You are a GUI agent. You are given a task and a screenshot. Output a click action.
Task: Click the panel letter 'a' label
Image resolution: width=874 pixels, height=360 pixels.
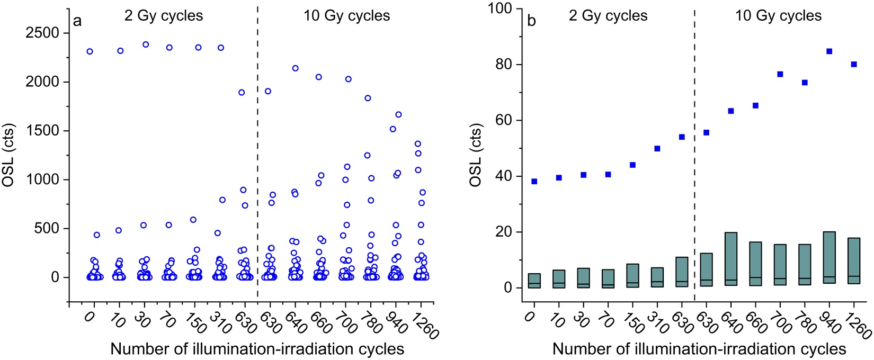pos(77,21)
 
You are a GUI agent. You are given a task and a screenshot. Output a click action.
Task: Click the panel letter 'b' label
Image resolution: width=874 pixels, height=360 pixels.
pos(531,21)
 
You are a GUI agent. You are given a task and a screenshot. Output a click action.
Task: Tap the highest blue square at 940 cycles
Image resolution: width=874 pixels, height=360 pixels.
pos(829,51)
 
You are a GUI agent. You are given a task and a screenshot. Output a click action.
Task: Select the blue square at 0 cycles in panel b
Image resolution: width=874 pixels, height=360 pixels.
pos(534,182)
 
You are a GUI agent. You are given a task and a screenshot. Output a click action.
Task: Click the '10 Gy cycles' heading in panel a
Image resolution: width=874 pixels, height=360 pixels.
pos(346,16)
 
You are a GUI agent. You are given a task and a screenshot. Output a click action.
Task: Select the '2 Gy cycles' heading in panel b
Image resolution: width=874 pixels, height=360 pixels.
pos(608,16)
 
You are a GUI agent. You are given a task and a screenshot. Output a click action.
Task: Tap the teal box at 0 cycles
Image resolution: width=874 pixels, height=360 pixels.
pos(534,281)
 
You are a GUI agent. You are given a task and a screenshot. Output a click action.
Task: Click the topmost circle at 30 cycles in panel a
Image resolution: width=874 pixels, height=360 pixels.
pos(146,44)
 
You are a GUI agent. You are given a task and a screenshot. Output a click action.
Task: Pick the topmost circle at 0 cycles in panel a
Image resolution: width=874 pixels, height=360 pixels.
pos(90,51)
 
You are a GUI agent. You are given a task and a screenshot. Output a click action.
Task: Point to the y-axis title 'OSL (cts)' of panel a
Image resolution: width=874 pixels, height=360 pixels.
pos(9,155)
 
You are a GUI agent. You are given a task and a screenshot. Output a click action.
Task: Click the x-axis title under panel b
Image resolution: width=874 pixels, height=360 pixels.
pos(699,349)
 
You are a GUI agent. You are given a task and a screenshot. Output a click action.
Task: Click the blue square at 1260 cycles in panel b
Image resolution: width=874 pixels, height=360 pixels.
pos(854,64)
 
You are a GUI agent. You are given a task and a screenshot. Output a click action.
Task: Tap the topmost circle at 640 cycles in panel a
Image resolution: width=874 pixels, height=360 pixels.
pos(296,68)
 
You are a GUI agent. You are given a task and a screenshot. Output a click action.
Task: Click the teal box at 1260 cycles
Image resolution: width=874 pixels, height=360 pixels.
pos(854,260)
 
